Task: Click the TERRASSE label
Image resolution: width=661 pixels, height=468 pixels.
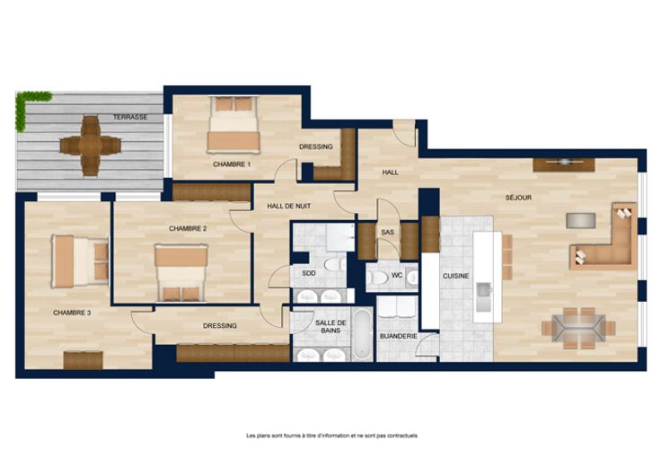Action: point(130,117)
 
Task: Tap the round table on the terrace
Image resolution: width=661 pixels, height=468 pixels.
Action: point(90,146)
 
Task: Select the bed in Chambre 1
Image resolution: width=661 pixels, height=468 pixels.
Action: point(234,125)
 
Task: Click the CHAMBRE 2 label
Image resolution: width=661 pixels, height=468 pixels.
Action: point(188,228)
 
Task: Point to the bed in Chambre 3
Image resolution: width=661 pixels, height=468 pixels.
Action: point(80,261)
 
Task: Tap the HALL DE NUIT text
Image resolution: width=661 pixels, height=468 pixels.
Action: point(289,207)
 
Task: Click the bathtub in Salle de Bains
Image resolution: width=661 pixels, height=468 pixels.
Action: point(362,334)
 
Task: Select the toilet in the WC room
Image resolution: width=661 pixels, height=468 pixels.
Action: point(377,278)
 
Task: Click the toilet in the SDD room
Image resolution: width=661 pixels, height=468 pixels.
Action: point(335,265)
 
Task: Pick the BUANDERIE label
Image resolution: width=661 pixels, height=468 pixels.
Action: point(399,337)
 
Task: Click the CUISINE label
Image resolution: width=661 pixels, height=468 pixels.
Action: point(455,276)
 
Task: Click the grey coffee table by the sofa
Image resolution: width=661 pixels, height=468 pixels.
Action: point(581,220)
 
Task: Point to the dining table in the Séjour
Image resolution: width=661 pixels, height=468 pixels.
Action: point(578,329)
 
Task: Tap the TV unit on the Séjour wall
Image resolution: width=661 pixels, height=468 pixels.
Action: point(564,164)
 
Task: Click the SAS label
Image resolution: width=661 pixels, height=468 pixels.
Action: point(387,233)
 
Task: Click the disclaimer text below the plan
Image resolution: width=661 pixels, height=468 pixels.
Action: point(331,436)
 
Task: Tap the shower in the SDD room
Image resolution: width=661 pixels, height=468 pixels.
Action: point(340,237)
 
